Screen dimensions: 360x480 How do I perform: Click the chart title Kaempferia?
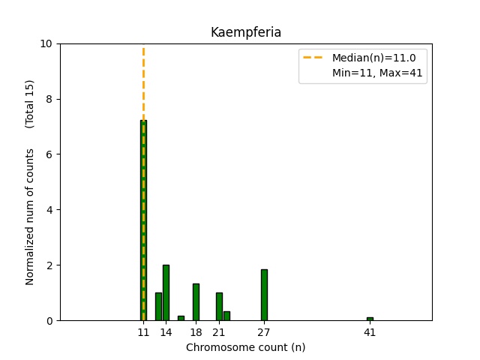click(x=245, y=32)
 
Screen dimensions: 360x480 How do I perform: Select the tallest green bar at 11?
click(x=143, y=225)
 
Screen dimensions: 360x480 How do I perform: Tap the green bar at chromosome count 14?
click(x=166, y=292)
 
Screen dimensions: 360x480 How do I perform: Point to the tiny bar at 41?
click(x=370, y=319)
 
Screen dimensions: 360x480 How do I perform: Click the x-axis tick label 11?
click(x=143, y=332)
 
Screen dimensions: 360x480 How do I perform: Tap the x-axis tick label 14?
click(x=166, y=332)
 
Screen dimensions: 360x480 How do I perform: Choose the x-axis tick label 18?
click(x=196, y=332)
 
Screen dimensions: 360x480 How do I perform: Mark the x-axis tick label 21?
click(x=219, y=332)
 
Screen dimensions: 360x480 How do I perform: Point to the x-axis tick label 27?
click(x=264, y=332)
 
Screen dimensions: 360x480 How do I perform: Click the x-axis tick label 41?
click(x=370, y=332)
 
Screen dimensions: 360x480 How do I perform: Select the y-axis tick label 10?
click(x=46, y=43)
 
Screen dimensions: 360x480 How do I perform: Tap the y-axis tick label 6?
click(x=49, y=154)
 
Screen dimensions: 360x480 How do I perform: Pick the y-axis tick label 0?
click(x=49, y=320)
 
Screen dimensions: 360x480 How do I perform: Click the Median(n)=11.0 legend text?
click(x=369, y=57)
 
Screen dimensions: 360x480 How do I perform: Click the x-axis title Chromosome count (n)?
click(x=245, y=347)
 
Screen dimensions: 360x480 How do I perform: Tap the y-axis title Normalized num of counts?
click(x=30, y=217)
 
